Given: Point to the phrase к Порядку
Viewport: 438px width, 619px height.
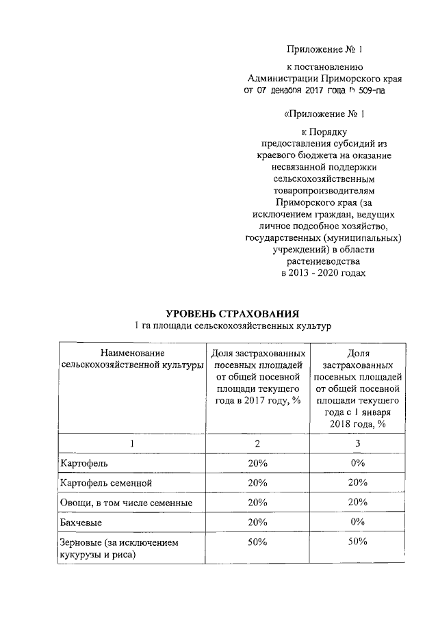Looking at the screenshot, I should (325, 131).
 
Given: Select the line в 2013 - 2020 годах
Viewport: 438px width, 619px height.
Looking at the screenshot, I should (324, 274).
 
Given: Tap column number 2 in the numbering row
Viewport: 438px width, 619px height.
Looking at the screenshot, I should (257, 444).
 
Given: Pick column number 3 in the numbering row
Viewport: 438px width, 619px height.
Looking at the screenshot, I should (357, 444).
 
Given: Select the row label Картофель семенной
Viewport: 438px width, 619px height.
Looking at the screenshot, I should (105, 483).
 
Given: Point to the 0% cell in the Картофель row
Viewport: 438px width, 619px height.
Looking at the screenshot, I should (357, 463).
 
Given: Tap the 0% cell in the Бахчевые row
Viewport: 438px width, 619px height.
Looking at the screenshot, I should (357, 523).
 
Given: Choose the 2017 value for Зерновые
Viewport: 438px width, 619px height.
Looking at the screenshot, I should (257, 542).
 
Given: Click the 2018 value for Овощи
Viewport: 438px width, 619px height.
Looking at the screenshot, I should (357, 503).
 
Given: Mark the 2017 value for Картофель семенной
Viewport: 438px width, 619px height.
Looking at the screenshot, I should (257, 483).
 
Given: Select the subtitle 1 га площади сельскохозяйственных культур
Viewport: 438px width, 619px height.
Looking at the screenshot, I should (232, 326).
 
